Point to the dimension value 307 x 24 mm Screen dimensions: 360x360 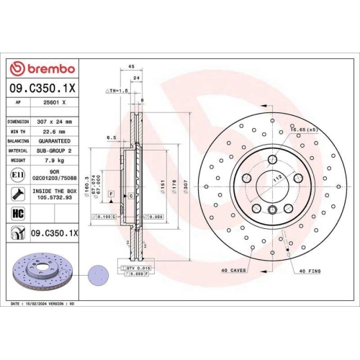click(x=52, y=122)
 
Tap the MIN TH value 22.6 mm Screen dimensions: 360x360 click(x=50, y=132)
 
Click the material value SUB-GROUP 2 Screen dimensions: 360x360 click(x=52, y=150)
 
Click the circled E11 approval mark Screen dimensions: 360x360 click(x=17, y=175)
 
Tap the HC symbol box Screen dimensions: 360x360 click(x=17, y=213)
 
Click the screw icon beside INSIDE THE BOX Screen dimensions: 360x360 click(x=17, y=194)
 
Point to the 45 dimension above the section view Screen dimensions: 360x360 click(x=130, y=66)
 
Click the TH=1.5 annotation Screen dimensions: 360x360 click(x=116, y=91)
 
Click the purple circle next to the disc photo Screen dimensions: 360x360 click(x=94, y=274)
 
